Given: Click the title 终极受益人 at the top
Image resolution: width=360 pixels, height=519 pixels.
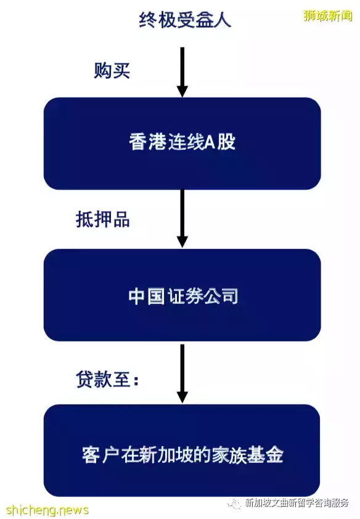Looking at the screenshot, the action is (x=185, y=20).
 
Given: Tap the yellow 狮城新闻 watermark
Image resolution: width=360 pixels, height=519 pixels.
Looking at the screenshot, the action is (x=327, y=15).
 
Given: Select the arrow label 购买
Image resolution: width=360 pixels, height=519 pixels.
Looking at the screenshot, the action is (x=112, y=70).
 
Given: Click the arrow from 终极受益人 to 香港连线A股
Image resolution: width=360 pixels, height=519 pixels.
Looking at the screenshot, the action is (x=182, y=72).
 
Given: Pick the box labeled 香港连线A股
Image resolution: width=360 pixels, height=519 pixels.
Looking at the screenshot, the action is (x=182, y=144).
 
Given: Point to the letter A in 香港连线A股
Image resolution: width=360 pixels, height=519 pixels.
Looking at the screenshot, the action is (x=211, y=142).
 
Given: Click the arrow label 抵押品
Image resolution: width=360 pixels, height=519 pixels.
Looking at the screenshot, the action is (x=102, y=219).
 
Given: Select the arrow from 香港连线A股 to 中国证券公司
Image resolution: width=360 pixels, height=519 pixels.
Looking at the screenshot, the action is (x=182, y=218).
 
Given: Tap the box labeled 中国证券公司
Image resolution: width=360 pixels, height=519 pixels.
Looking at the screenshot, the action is (x=182, y=295).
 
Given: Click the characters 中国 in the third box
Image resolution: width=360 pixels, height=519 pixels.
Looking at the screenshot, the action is (x=146, y=296).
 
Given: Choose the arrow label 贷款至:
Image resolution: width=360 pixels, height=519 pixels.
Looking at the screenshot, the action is (x=107, y=378).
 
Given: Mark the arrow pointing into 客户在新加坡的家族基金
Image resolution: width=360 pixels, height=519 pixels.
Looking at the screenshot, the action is (x=182, y=374).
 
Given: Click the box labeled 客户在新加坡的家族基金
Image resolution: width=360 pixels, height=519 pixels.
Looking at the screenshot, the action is (x=182, y=450).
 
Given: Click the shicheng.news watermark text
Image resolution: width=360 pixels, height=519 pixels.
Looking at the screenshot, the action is (x=47, y=510).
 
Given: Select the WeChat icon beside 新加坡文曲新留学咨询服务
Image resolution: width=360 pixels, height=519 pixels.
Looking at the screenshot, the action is (x=235, y=503).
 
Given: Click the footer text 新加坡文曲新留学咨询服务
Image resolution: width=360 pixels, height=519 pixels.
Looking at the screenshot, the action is (x=297, y=502).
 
